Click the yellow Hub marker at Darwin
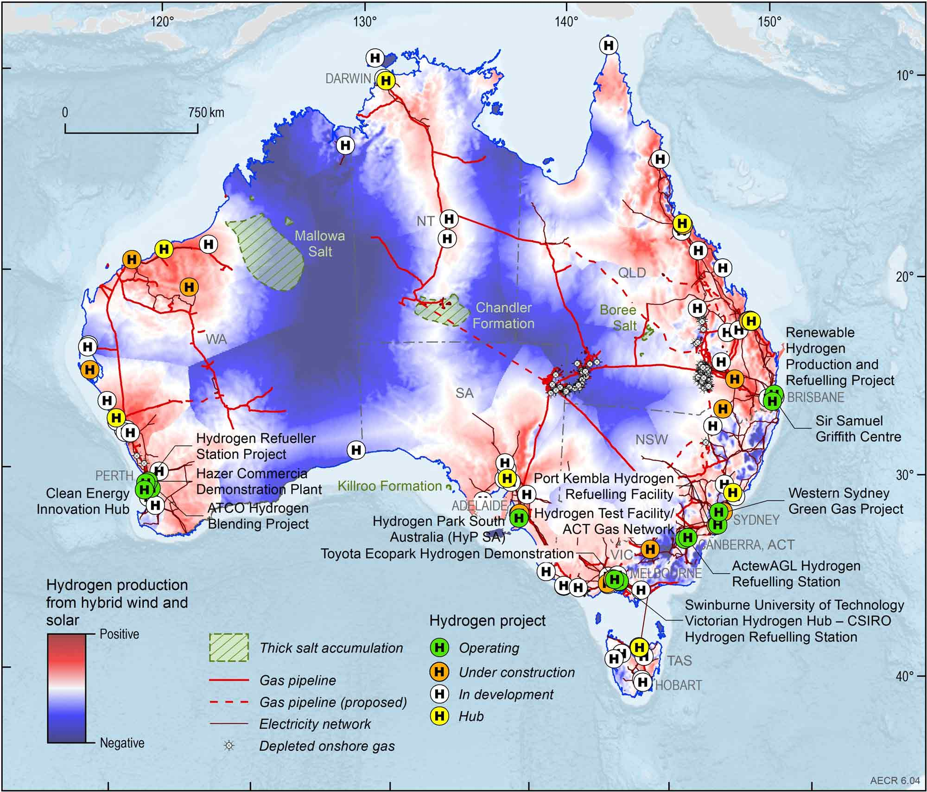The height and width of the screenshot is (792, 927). (386, 81)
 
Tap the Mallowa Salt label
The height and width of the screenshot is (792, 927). (320, 243)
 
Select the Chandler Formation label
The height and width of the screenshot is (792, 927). (503, 315)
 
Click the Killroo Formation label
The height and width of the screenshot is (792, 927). (389, 486)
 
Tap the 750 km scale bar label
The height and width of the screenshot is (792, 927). (206, 113)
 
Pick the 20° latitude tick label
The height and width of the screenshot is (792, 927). (904, 276)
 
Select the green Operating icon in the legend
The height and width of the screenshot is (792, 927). (439, 647)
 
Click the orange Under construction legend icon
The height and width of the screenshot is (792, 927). (439, 671)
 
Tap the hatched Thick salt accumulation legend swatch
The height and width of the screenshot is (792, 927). (229, 647)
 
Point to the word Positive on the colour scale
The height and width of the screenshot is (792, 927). (119, 634)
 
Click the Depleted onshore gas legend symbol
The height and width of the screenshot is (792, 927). (229, 746)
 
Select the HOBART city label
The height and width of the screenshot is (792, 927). (678, 685)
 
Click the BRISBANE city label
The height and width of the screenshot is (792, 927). (816, 397)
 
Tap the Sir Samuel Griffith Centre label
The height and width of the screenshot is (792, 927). (858, 428)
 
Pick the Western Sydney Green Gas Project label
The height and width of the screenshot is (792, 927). (845, 501)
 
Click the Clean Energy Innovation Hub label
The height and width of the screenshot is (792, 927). (83, 501)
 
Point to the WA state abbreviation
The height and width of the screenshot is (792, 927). (216, 339)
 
